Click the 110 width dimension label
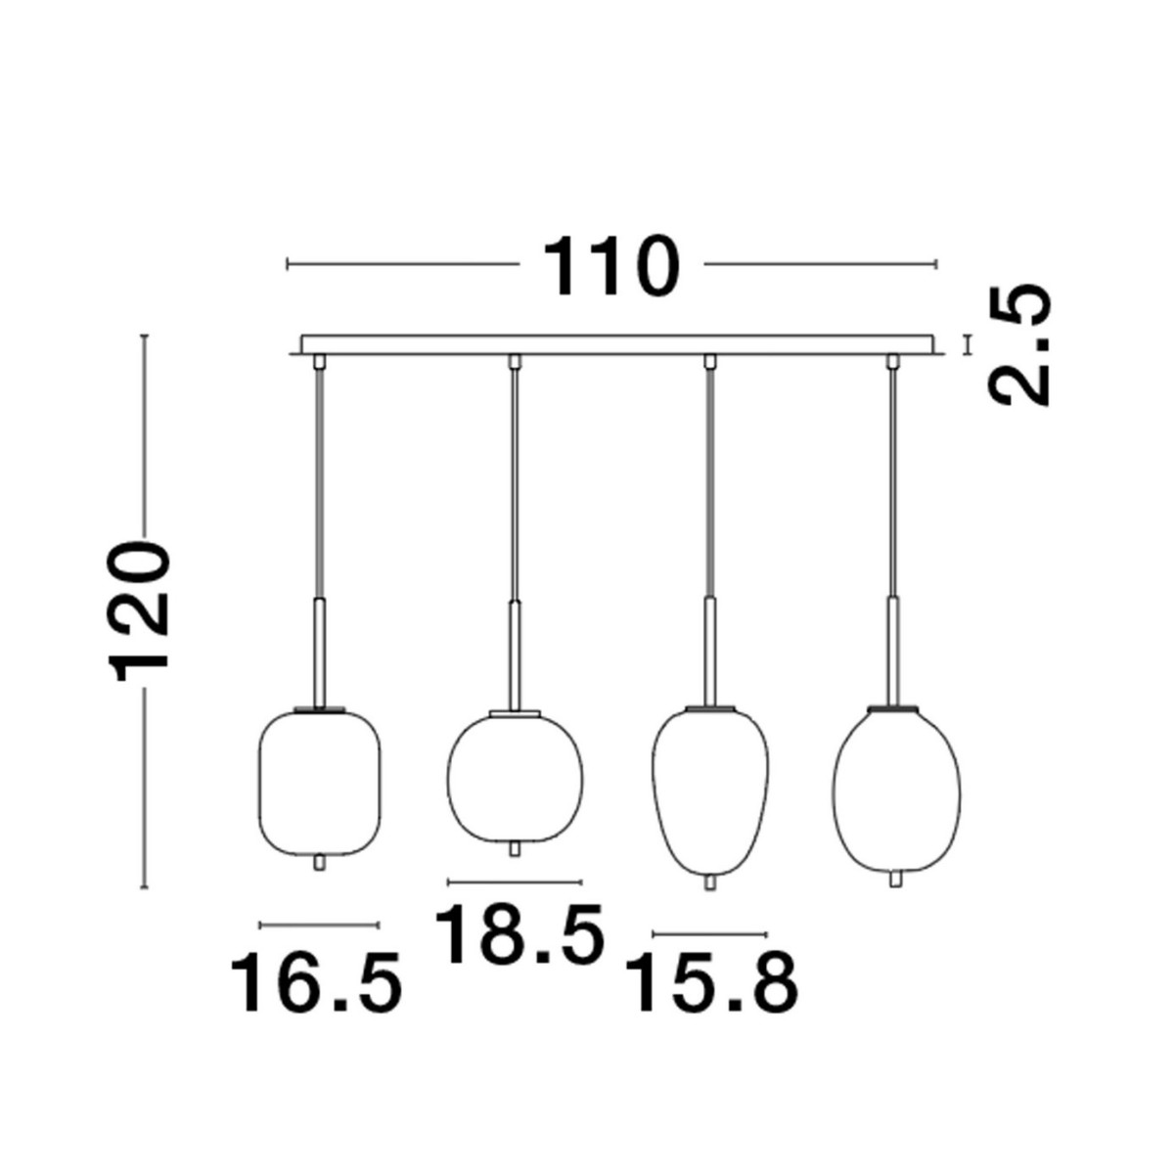pyautogui.click(x=610, y=266)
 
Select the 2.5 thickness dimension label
pyautogui.click(x=1019, y=344)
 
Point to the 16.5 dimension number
pyautogui.click(x=316, y=982)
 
